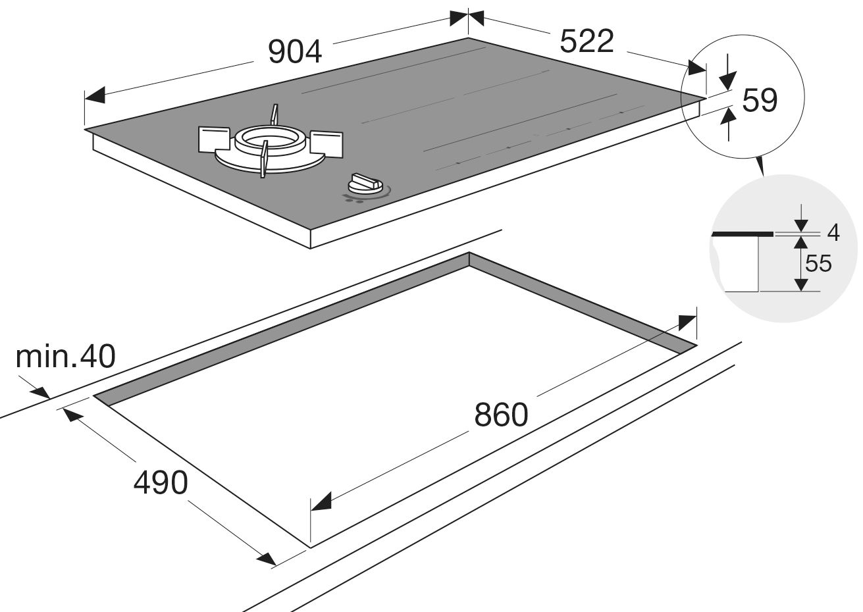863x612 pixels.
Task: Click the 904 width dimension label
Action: tap(296, 52)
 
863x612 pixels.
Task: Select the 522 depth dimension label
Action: tap(587, 42)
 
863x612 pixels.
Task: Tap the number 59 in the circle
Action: tap(760, 100)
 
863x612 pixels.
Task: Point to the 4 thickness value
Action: tap(833, 232)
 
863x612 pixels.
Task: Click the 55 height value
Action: tap(818, 263)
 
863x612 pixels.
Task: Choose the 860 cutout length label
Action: tap(501, 415)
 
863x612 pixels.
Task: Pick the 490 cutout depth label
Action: tap(161, 483)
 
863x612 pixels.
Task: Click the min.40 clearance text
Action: tap(65, 357)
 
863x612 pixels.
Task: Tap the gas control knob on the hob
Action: tap(367, 182)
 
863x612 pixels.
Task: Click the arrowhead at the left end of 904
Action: tap(95, 96)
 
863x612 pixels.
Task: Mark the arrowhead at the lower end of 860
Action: tap(321, 503)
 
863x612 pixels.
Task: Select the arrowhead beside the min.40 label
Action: tap(40, 392)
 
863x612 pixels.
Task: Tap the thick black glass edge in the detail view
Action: tap(743, 234)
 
